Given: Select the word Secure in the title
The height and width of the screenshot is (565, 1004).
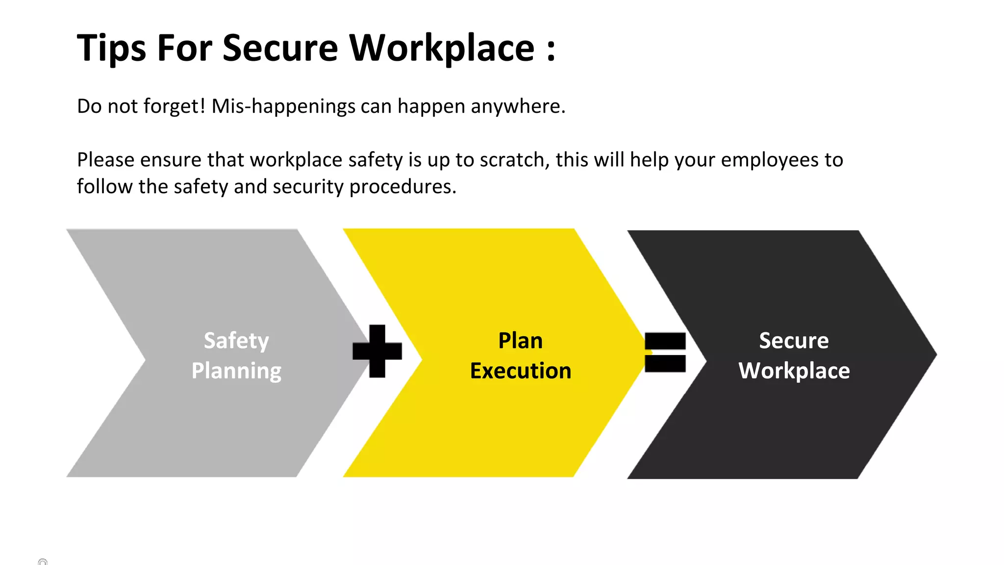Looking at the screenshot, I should tap(280, 48).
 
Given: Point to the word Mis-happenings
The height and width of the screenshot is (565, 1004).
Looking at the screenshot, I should tap(283, 106).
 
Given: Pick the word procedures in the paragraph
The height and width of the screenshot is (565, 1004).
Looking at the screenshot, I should tap(402, 187).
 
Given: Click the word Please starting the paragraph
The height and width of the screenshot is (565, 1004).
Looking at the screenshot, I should tap(105, 160).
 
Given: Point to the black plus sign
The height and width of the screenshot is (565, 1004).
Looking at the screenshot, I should tap(377, 351).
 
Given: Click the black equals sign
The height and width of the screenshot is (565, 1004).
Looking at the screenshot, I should tap(665, 352).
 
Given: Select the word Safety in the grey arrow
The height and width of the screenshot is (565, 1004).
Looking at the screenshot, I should tap(236, 340).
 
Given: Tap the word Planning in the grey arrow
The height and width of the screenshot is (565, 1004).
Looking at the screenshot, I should tap(236, 371).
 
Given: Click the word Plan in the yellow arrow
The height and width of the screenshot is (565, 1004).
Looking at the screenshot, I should tap(520, 340).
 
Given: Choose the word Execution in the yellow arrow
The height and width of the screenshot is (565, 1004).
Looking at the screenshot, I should tap(520, 371).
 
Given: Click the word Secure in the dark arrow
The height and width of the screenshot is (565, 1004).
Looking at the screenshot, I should tap(794, 340).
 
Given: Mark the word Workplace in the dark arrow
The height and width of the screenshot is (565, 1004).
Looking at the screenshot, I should tap(794, 371).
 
